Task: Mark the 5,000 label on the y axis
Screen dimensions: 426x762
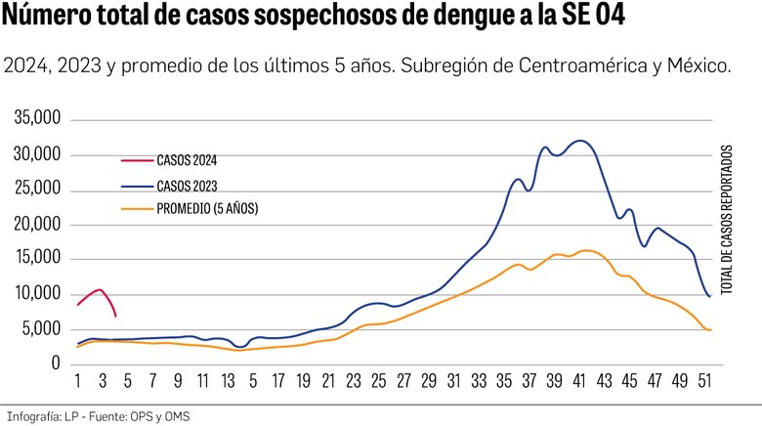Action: pyautogui.click(x=42, y=328)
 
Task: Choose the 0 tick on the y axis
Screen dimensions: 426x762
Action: pyautogui.click(x=57, y=363)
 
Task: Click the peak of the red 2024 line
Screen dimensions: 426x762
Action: pyautogui.click(x=100, y=289)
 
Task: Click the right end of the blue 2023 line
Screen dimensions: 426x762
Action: pyautogui.click(x=709, y=295)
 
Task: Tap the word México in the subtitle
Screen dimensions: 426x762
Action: pyautogui.click(x=699, y=67)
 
